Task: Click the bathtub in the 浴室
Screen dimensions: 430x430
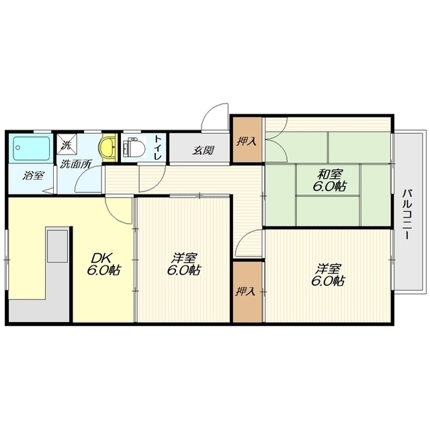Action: (x=32, y=148)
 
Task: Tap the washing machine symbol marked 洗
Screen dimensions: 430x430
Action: (x=67, y=144)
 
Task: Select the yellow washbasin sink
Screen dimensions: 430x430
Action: (x=107, y=148)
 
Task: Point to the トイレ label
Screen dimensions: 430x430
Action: (x=159, y=148)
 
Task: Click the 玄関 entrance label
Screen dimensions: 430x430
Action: (x=203, y=150)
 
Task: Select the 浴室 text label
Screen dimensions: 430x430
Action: (x=33, y=175)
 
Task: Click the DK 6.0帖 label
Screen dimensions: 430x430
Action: (x=103, y=264)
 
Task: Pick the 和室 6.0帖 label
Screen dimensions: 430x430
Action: (x=329, y=180)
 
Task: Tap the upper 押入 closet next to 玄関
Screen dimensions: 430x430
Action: (x=247, y=140)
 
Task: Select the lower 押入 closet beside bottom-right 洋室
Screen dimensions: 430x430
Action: (x=247, y=292)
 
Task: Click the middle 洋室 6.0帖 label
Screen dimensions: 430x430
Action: (x=183, y=264)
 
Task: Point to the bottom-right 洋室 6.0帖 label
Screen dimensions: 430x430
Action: (x=328, y=275)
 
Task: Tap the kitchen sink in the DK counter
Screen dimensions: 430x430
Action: (x=57, y=246)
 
